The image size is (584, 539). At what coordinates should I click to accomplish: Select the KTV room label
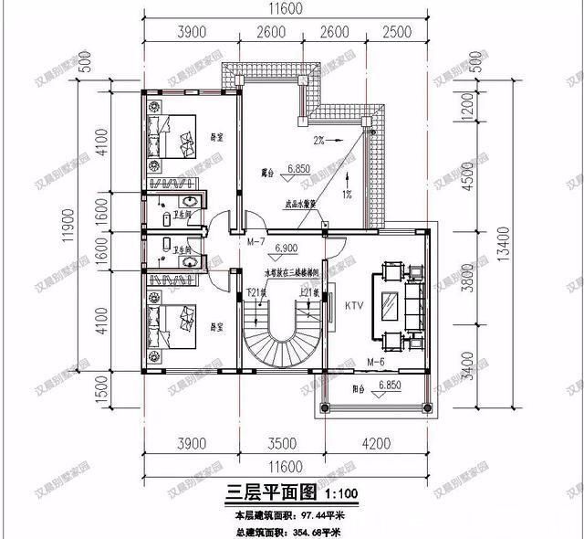[x=353, y=306]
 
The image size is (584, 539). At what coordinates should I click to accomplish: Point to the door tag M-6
[x=376, y=363]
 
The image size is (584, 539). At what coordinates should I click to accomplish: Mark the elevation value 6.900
[x=286, y=248]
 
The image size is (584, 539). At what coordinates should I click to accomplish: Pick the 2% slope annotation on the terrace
[x=319, y=142]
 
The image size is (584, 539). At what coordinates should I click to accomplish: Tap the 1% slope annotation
[x=348, y=194]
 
